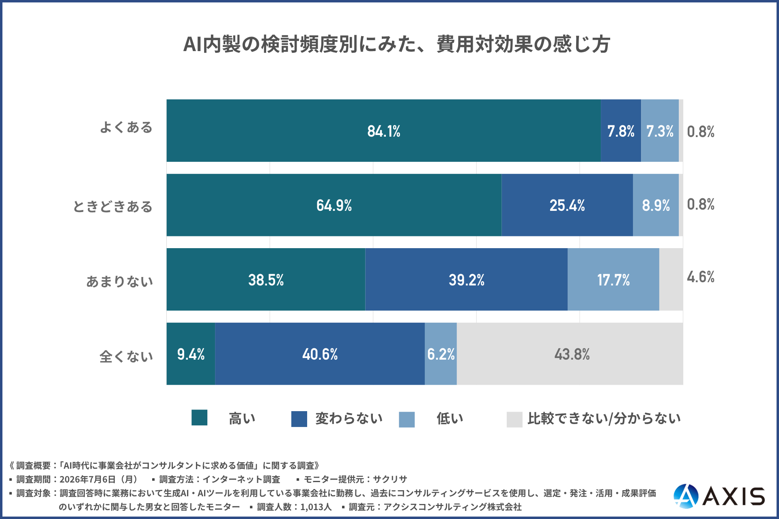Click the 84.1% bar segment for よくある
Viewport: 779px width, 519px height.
point(383,131)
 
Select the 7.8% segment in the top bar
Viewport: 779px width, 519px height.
point(621,131)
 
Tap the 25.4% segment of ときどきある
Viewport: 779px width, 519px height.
point(567,205)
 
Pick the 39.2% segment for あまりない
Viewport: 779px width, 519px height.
point(466,279)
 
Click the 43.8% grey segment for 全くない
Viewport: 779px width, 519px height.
point(570,354)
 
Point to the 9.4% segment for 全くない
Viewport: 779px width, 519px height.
point(191,354)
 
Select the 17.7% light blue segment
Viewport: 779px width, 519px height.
point(613,279)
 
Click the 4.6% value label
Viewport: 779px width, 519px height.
point(701,277)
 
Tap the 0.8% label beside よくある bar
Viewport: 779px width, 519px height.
point(701,132)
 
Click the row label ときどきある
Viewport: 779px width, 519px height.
point(113,206)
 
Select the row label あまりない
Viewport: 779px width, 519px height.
point(120,281)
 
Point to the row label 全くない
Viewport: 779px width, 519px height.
point(126,356)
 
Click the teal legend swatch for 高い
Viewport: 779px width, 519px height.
point(199,418)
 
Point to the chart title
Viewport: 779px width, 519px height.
point(397,44)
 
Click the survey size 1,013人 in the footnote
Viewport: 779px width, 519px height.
point(316,507)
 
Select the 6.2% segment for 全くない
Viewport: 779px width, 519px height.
point(441,354)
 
